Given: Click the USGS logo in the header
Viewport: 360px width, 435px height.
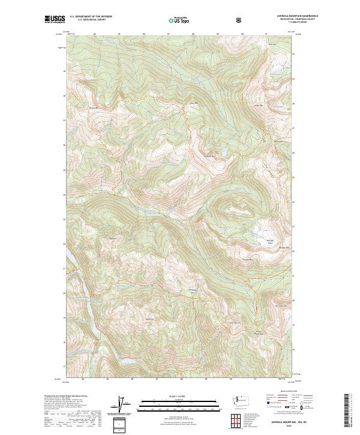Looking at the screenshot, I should point(55,20).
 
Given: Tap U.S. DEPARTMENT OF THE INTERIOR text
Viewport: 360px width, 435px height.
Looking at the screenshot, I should point(91,16).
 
